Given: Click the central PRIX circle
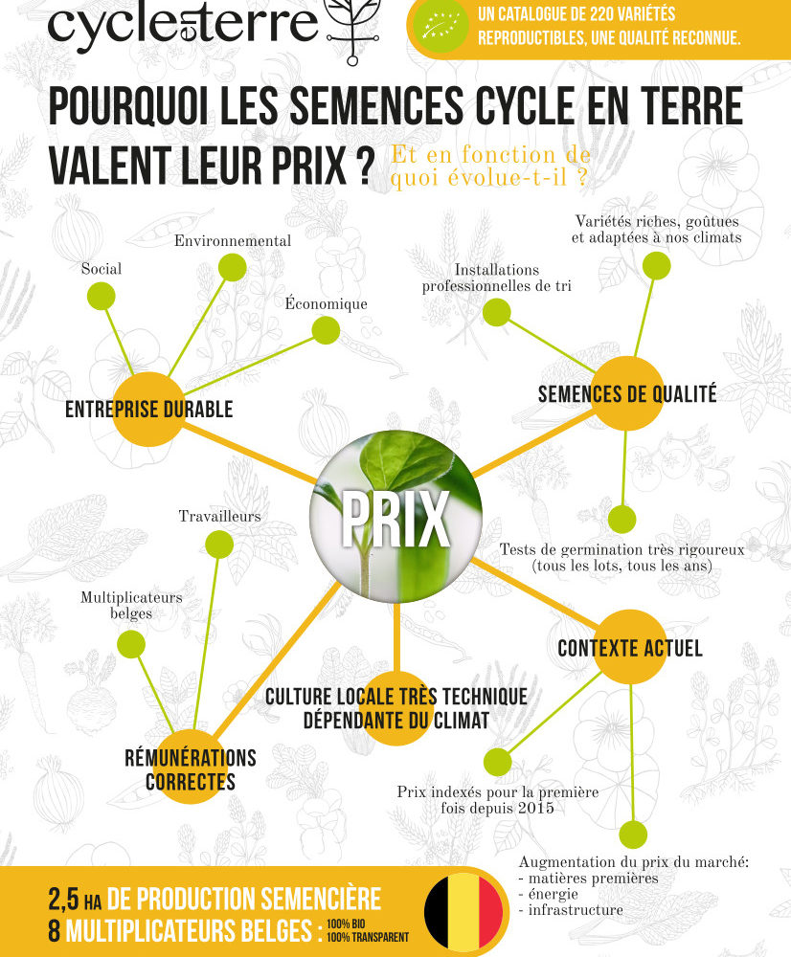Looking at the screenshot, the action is (x=395, y=517).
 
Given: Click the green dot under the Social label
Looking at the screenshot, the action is (x=101, y=296).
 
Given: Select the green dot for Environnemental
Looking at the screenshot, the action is (x=232, y=267).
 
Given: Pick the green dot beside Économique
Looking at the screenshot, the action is (x=326, y=330).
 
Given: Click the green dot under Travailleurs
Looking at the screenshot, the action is (x=218, y=544).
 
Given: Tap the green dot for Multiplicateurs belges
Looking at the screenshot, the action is (x=130, y=644).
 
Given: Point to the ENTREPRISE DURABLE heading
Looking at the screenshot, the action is (x=149, y=409).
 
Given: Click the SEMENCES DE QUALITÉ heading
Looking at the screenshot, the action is (x=626, y=393).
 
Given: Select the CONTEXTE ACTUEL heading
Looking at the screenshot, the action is (x=630, y=648).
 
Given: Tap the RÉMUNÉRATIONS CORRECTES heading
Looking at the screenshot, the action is (x=191, y=769).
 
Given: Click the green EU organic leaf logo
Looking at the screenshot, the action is (x=441, y=27).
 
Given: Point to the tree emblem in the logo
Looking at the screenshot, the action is (x=352, y=30).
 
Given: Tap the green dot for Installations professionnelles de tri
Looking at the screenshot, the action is (x=497, y=313).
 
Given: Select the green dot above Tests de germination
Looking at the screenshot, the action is (x=621, y=520).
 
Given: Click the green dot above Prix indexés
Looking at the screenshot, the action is (x=497, y=762).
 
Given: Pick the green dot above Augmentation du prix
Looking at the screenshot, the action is (x=633, y=835).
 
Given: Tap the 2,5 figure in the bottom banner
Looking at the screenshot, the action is (x=63, y=899).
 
